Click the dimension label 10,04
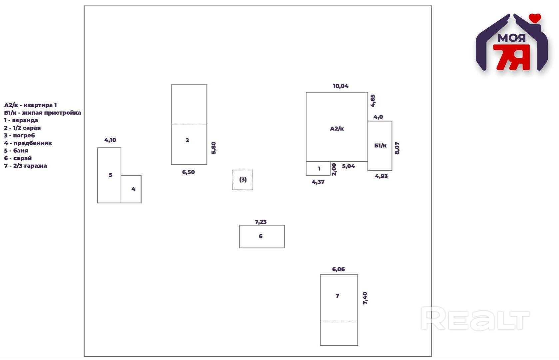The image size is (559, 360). [340, 86]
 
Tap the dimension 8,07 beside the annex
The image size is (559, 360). [397, 148]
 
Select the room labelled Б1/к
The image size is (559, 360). [380, 146]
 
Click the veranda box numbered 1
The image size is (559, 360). [318, 169]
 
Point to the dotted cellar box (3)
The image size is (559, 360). [243, 180]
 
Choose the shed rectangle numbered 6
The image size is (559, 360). [262, 236]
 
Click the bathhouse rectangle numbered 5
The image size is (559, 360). [109, 175]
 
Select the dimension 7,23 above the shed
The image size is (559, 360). [261, 222]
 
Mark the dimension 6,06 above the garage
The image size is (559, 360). [338, 269]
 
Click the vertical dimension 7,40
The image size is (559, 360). [365, 298]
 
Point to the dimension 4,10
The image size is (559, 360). [110, 140]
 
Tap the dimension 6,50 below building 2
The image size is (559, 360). [188, 172]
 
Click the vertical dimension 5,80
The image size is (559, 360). [214, 148]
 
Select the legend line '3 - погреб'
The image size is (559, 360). [19, 135]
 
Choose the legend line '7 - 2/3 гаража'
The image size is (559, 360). [25, 166]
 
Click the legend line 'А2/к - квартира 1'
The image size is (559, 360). [30, 105]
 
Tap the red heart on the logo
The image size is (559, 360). [535, 18]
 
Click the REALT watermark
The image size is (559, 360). [475, 319]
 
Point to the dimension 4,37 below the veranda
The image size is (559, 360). [318, 182]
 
